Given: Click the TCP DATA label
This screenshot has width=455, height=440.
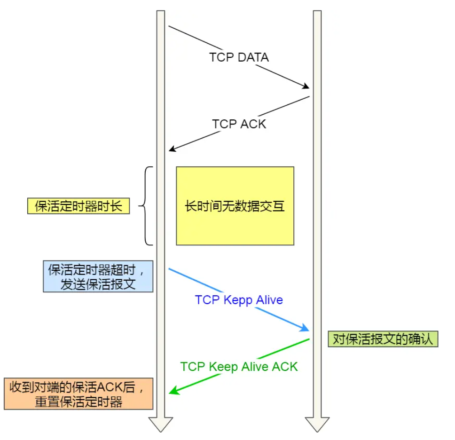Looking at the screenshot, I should [239, 57].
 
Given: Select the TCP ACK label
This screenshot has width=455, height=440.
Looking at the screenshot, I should [239, 124].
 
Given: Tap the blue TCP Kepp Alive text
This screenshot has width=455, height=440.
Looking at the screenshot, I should [239, 300].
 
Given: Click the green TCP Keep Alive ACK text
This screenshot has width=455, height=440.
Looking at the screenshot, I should [239, 367].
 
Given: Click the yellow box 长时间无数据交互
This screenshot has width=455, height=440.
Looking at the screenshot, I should [235, 206].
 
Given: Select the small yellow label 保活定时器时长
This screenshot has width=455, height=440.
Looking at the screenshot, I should [78, 206].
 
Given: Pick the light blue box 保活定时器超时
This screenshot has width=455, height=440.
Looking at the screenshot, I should [98, 276].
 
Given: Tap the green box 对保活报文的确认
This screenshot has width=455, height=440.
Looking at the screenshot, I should [383, 339].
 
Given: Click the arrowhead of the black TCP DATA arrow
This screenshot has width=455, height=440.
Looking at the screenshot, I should [306, 87].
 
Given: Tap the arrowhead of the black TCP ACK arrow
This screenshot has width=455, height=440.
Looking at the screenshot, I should [172, 149].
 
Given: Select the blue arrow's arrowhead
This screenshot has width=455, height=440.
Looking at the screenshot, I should [306, 329].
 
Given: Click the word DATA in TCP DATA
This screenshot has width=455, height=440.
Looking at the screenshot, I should [253, 57].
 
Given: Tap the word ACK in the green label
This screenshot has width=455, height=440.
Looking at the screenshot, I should [285, 367].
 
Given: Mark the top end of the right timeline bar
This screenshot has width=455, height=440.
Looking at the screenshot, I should [317, 12].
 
